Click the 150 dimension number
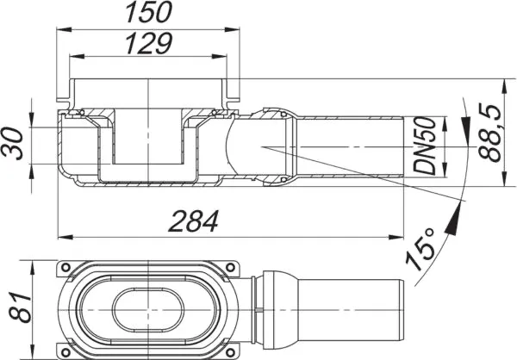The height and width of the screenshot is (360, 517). click(149, 13)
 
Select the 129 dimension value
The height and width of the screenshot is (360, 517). click(149, 43)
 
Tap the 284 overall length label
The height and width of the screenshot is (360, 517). click(194, 221)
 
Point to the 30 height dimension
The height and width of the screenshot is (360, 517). click(13, 144)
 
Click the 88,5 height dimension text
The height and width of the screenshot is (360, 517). click(490, 133)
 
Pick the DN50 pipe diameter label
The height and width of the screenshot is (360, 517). click(425, 146)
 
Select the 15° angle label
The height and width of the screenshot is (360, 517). click(421, 248)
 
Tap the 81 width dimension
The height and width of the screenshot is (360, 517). click(20, 307)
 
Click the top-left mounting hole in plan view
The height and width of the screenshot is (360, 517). click(65, 267)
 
